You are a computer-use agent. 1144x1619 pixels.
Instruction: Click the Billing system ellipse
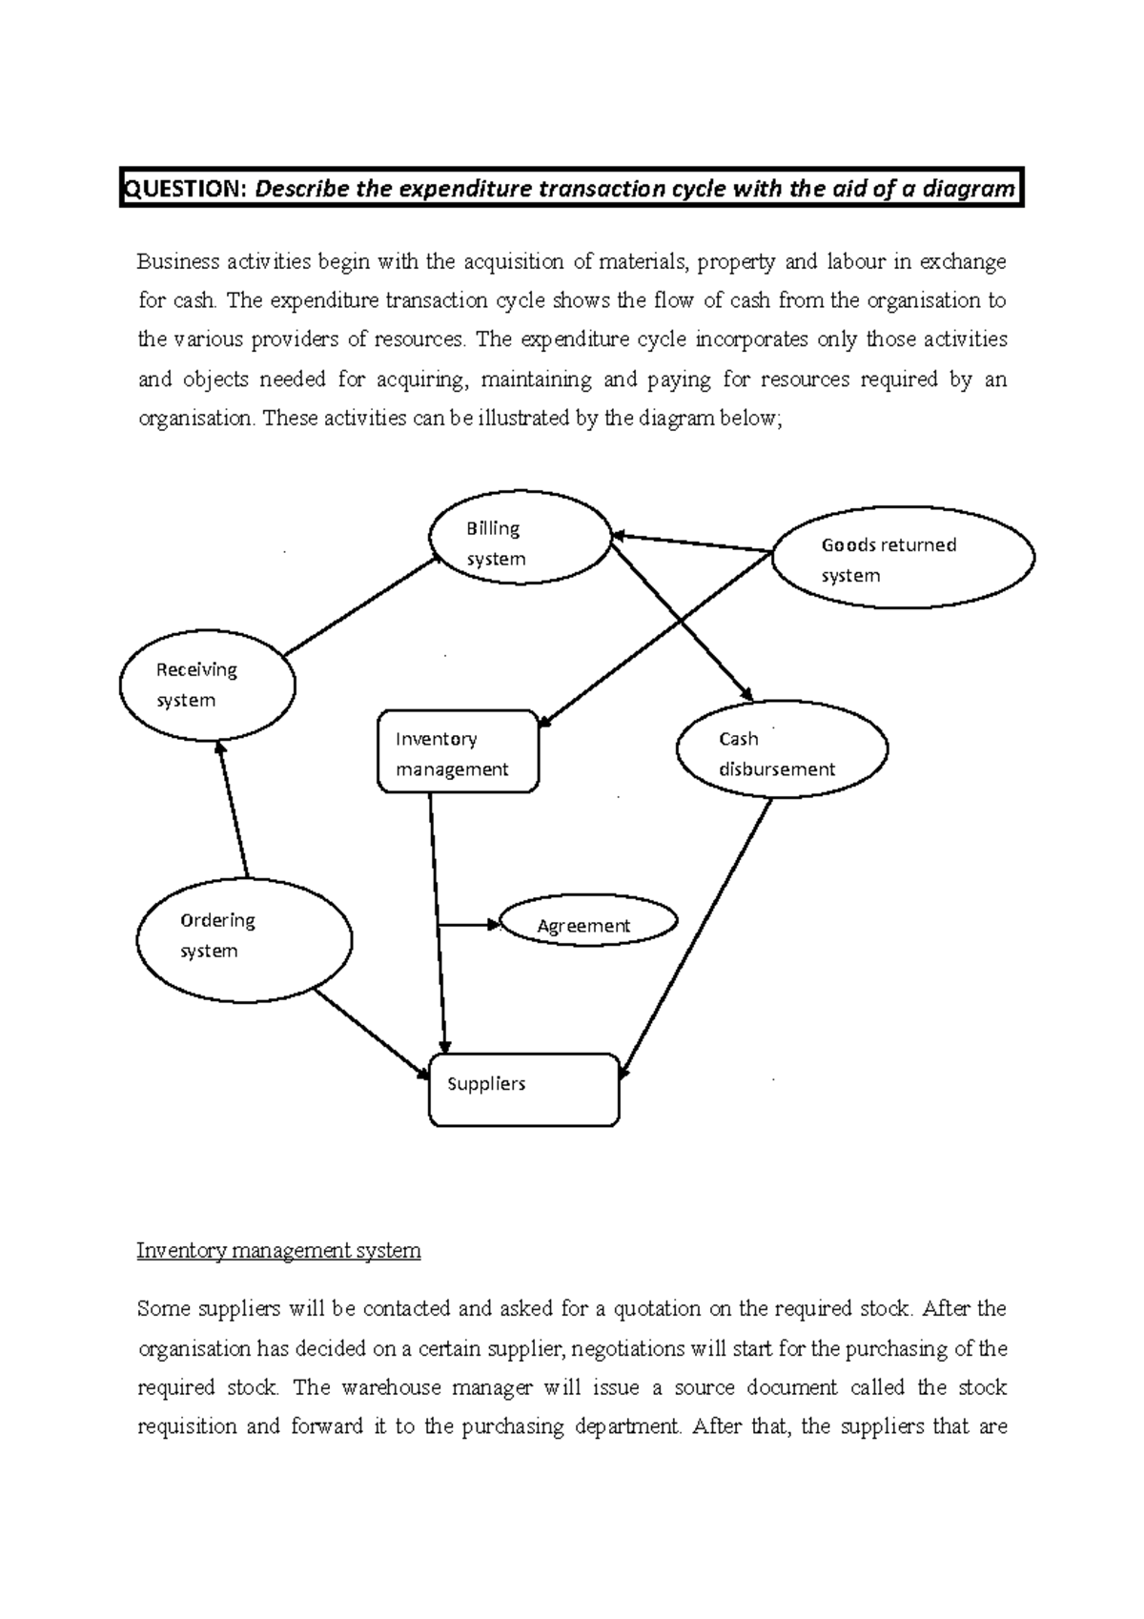[x=520, y=538]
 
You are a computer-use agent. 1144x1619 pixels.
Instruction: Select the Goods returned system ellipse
[x=902, y=558]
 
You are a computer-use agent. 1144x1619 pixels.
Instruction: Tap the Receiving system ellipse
[x=207, y=686]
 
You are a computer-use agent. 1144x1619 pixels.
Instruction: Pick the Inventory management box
[x=458, y=751]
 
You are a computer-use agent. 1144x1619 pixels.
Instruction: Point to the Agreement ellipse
[x=587, y=922]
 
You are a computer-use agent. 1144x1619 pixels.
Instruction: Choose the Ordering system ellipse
[x=244, y=939]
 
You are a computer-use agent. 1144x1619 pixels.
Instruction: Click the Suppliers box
[x=523, y=1090]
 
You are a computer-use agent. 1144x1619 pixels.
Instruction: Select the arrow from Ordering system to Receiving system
[x=233, y=810]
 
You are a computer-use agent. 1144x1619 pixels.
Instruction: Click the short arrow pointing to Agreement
[x=469, y=924]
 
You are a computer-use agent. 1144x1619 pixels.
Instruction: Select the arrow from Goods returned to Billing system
[x=691, y=542]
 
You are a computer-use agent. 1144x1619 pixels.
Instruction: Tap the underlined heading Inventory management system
[x=278, y=1250]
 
